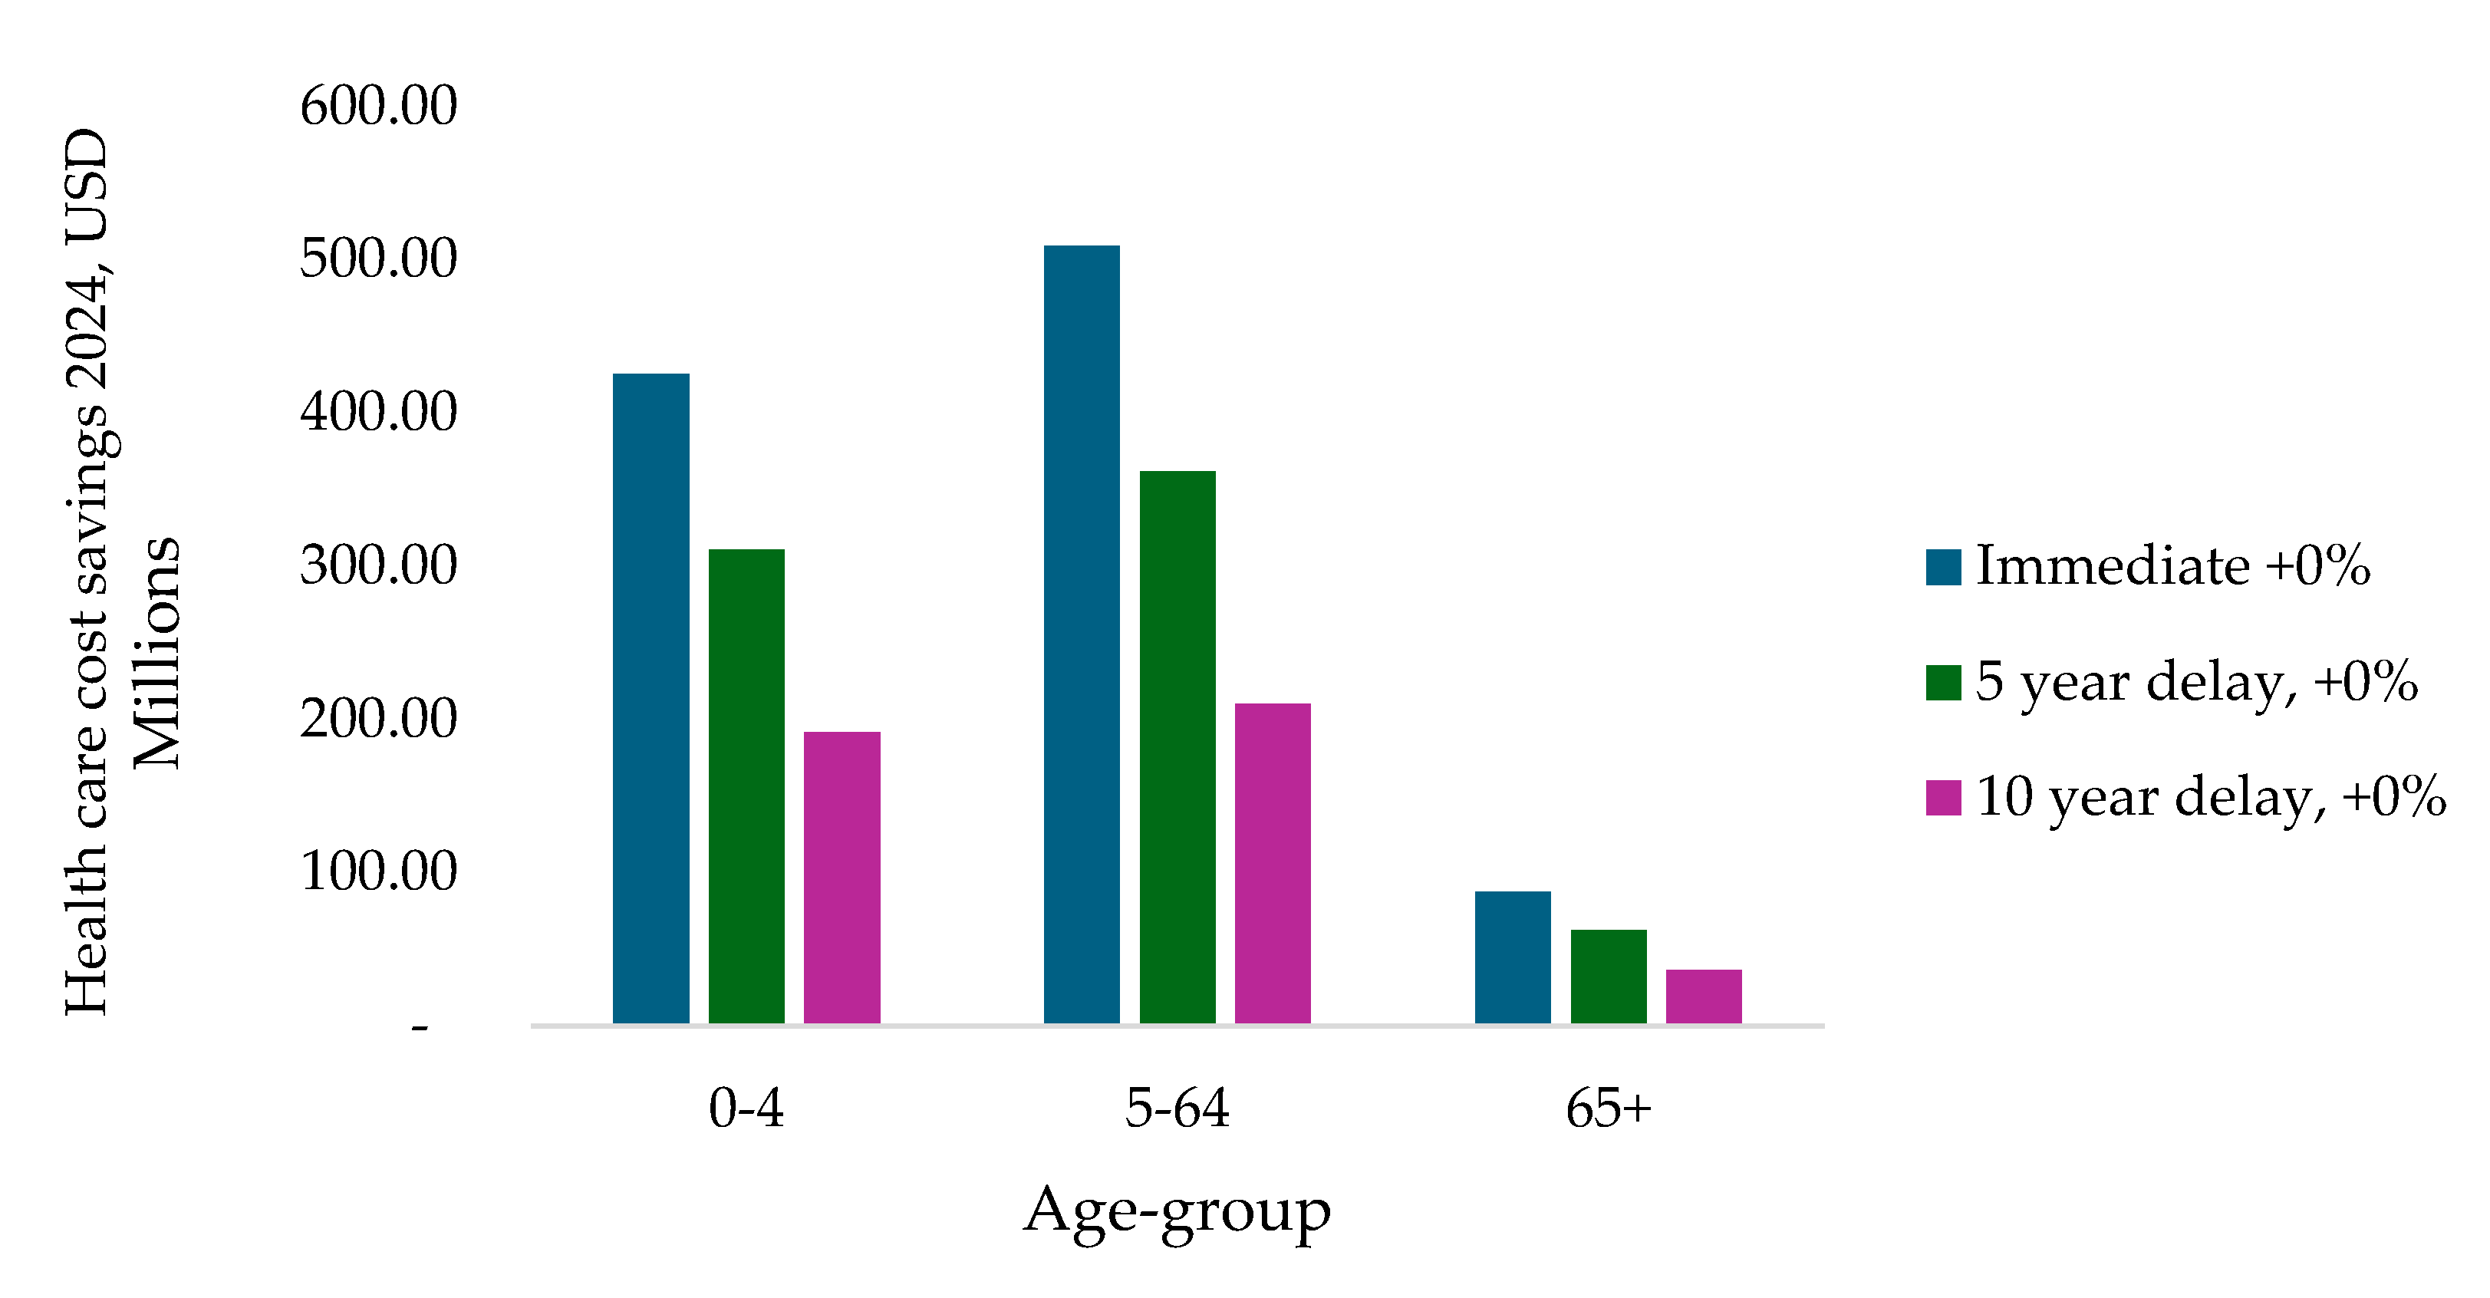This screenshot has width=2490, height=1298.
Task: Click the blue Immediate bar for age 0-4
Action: tap(650, 698)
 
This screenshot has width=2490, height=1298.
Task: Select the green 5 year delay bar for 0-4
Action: tap(746, 786)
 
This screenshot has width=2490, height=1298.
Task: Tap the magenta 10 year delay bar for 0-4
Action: tap(842, 877)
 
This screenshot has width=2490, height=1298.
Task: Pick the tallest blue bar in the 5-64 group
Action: tap(1082, 634)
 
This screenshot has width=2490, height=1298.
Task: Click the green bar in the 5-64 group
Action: tap(1177, 746)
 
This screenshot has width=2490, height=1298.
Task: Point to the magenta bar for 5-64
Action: tap(1272, 862)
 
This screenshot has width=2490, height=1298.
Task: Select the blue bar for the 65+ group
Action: tap(1512, 957)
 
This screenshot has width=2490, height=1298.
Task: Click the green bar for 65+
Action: tap(1608, 976)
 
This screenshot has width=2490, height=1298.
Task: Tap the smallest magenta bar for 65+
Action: tap(1703, 996)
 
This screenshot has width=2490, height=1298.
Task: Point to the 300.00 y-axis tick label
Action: tap(378, 565)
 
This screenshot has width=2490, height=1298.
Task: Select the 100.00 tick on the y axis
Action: tap(378, 871)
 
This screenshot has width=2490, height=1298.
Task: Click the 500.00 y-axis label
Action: tap(378, 259)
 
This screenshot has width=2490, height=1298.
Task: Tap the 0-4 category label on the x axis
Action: tap(746, 1108)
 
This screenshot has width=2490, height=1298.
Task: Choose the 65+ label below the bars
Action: tap(1609, 1108)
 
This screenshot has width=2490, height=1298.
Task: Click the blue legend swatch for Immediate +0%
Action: tap(1943, 568)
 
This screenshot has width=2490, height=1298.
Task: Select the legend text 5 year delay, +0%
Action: tap(2196, 682)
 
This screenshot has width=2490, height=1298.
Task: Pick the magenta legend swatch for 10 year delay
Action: tap(1943, 799)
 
